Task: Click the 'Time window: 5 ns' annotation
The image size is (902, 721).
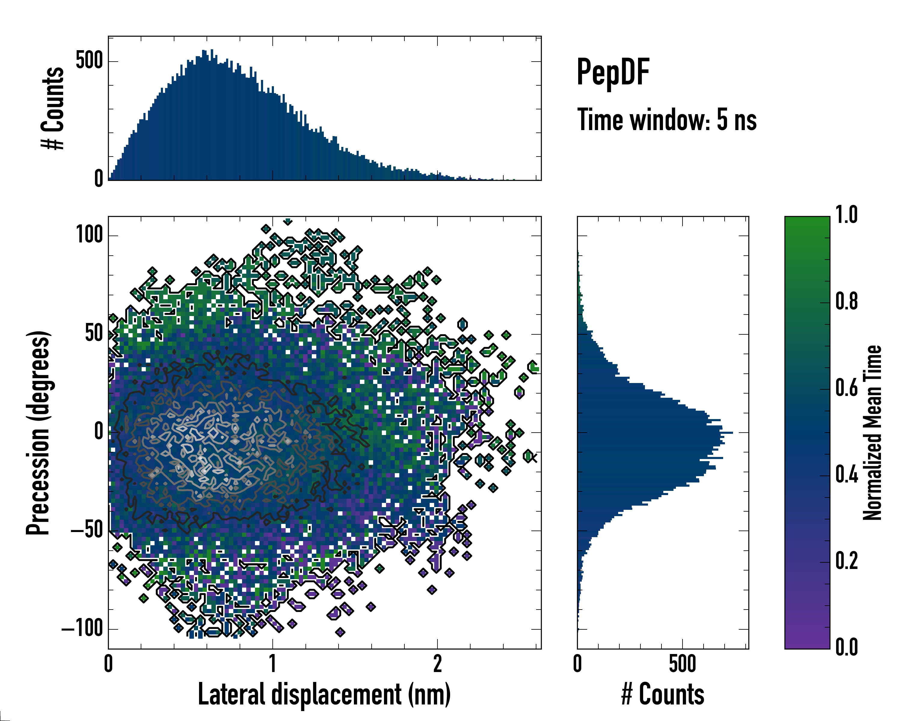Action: (x=667, y=120)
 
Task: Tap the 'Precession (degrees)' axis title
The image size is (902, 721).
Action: (x=38, y=433)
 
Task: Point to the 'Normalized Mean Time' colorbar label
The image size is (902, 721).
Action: (x=872, y=433)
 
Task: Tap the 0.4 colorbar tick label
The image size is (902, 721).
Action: (x=846, y=475)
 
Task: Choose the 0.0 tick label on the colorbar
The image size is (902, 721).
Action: (x=846, y=647)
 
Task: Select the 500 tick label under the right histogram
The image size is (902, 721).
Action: (x=682, y=664)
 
